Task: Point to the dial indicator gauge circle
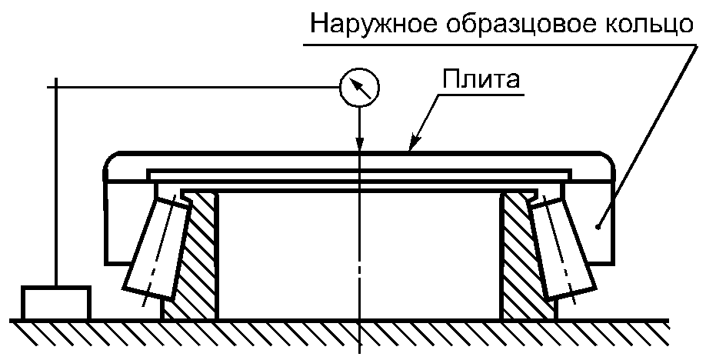[x=359, y=88]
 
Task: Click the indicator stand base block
[x=55, y=302]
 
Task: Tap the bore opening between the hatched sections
[x=359, y=254]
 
